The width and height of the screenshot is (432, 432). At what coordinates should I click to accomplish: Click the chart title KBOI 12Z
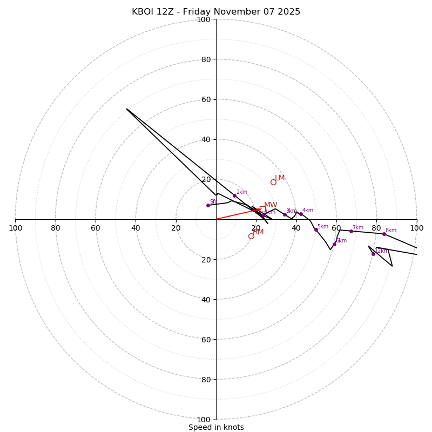click(x=216, y=12)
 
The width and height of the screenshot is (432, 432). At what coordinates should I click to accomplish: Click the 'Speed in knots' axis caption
click(x=216, y=427)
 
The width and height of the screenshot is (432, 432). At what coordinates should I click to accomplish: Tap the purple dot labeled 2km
click(x=234, y=195)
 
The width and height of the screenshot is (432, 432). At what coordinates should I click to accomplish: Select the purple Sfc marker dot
click(x=208, y=205)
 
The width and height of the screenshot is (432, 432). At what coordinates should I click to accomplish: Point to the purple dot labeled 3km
click(x=285, y=214)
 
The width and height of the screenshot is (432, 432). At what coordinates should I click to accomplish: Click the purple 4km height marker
click(x=301, y=214)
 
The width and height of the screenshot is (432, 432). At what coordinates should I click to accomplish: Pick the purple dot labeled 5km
click(x=316, y=230)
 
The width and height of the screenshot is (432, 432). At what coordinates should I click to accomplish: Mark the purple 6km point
click(x=334, y=244)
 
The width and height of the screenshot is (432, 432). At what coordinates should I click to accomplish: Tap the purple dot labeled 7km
click(x=351, y=231)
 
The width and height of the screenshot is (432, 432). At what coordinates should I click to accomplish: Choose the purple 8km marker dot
click(x=384, y=234)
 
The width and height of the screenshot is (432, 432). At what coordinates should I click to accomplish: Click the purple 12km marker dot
click(x=373, y=254)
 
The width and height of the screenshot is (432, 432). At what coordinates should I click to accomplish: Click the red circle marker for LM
click(x=273, y=182)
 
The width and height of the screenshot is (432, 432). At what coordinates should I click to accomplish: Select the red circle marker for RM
click(x=251, y=236)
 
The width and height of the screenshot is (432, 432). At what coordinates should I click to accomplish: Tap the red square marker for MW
click(x=262, y=208)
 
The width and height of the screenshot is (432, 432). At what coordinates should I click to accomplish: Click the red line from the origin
click(x=238, y=214)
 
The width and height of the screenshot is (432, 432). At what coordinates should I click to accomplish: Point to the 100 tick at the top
click(x=204, y=19)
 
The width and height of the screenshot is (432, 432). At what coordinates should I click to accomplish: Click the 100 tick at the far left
click(x=15, y=228)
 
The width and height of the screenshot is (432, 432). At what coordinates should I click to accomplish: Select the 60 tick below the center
click(x=204, y=339)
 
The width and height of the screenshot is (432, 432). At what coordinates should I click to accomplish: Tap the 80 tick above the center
click(x=204, y=59)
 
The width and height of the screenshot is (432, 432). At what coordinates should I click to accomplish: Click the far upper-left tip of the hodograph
click(x=127, y=109)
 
